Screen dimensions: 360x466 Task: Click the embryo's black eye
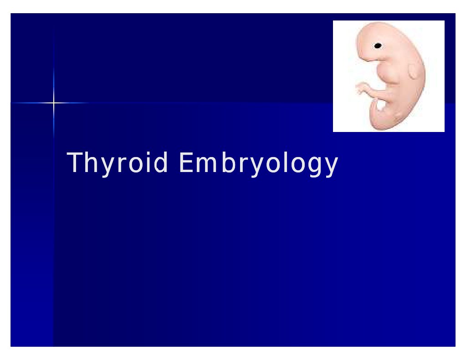tap(378, 46)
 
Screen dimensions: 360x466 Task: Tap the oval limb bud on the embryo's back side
tap(414, 71)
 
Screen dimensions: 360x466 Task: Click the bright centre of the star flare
tap(53, 103)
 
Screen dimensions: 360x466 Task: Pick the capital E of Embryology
tap(186, 162)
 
